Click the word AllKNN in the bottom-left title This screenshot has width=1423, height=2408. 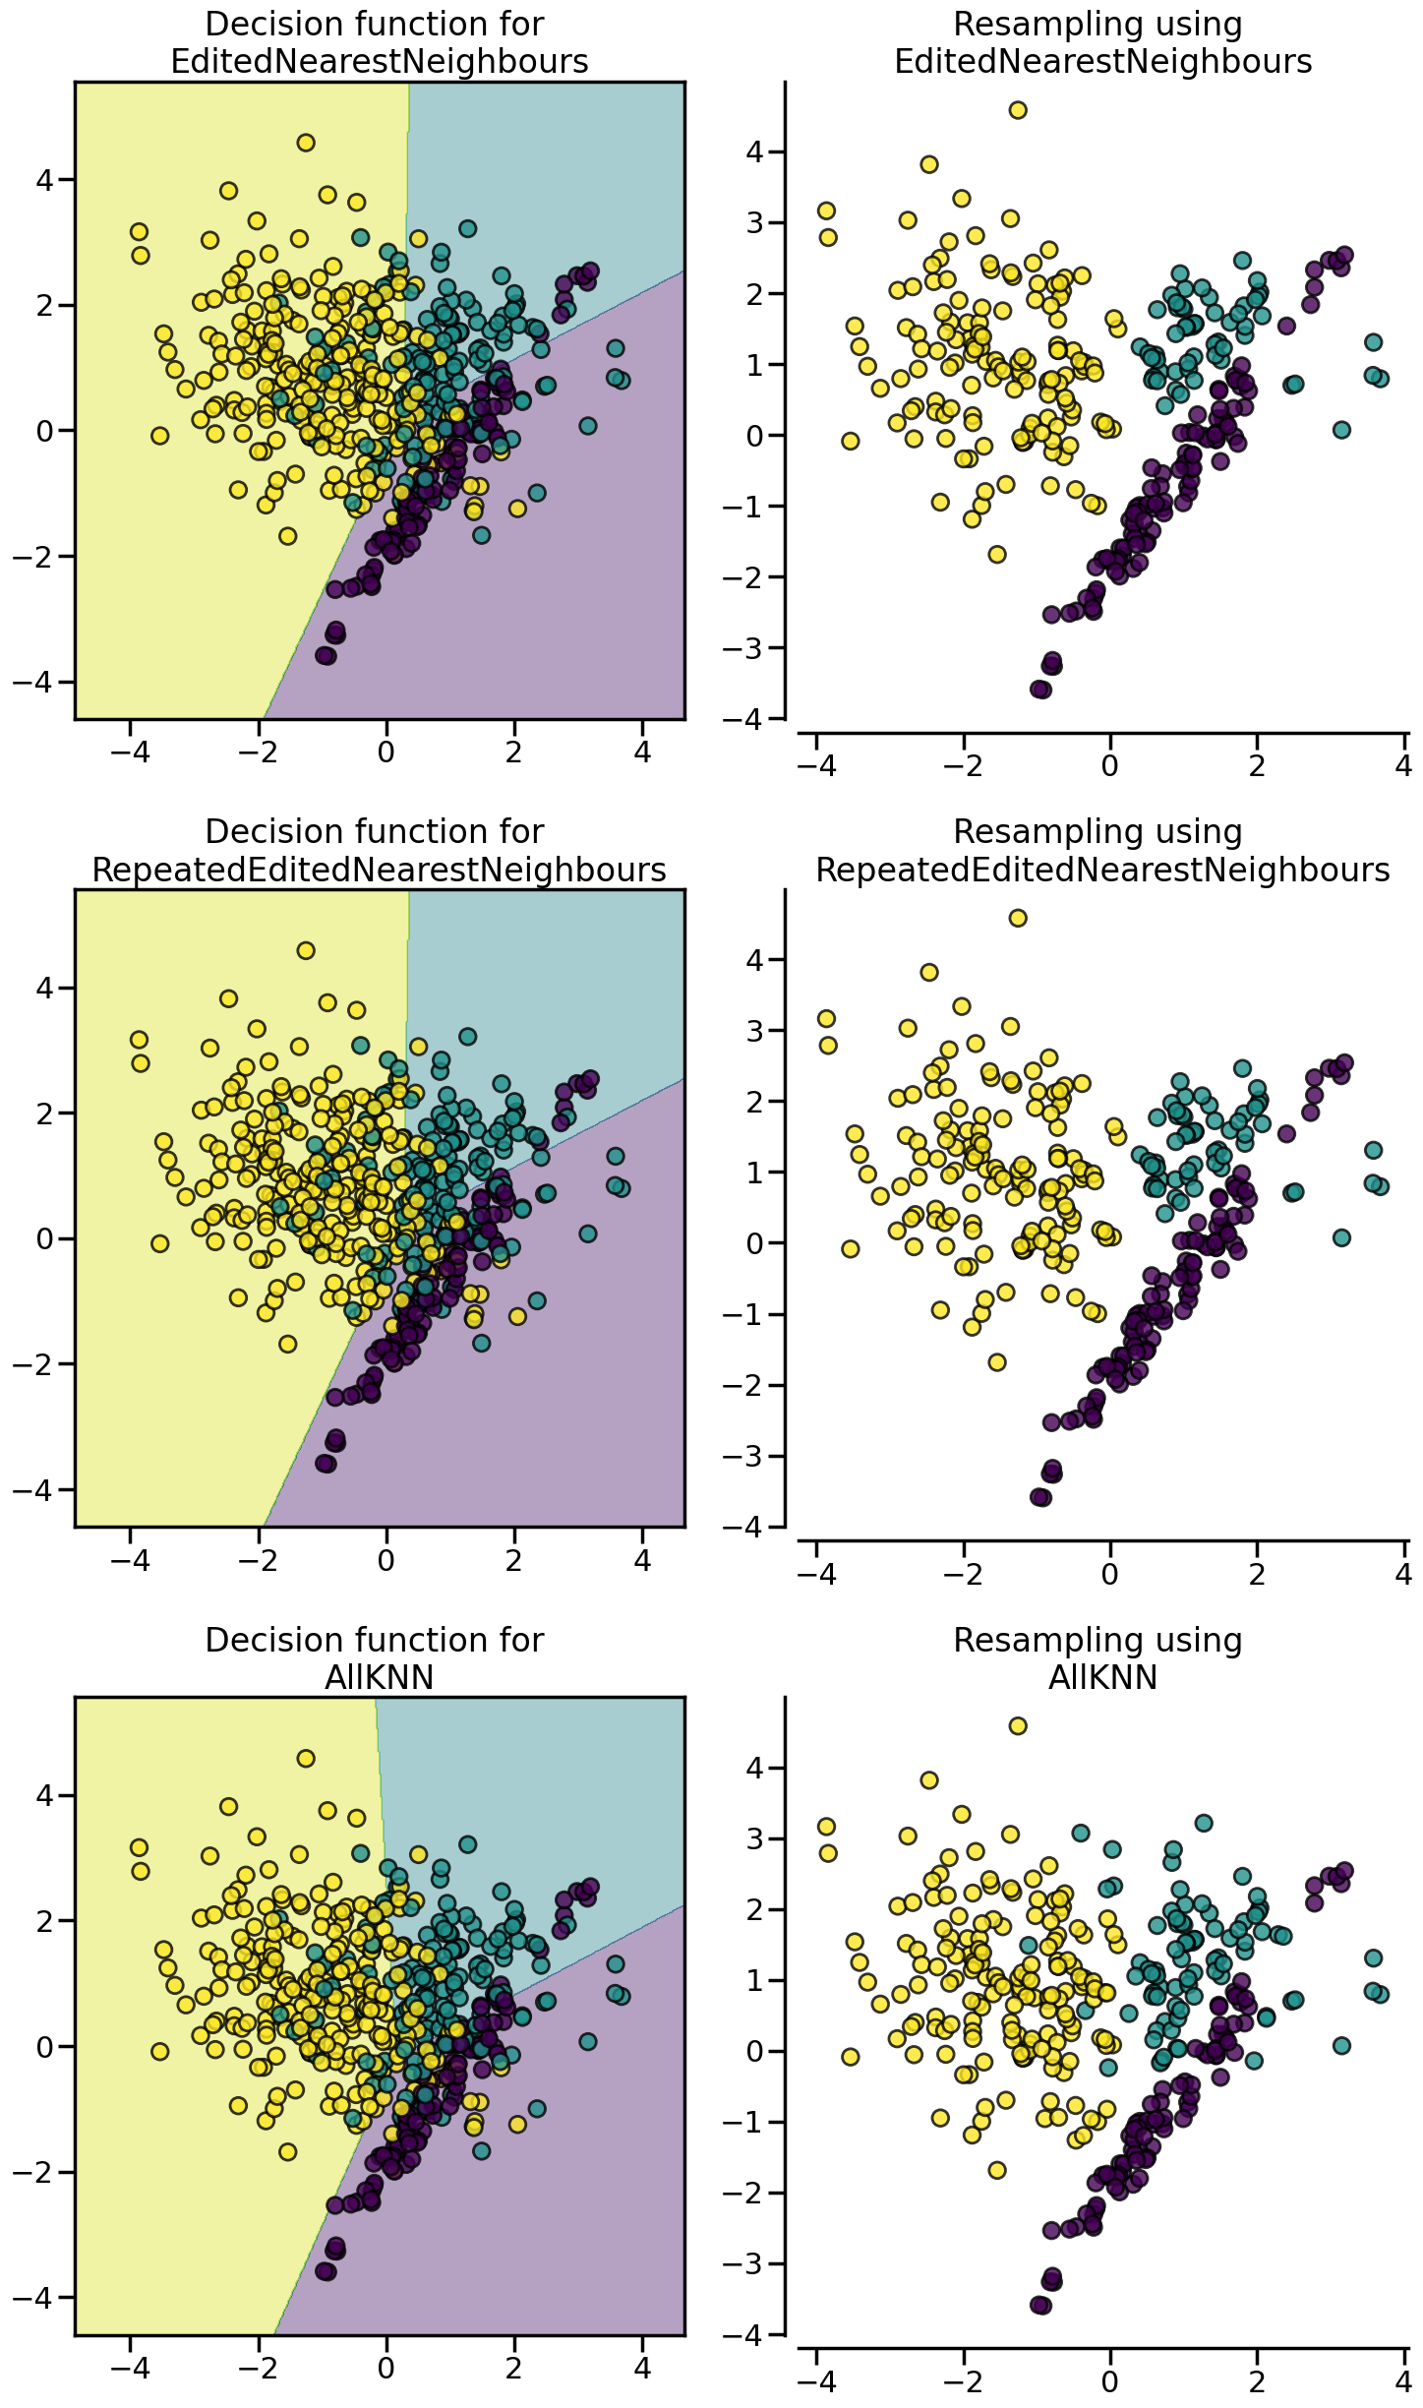point(379,1677)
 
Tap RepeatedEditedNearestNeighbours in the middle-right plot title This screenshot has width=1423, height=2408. point(1102,870)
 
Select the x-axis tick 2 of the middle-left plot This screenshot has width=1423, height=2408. point(514,1560)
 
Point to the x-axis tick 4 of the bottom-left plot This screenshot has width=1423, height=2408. point(642,2369)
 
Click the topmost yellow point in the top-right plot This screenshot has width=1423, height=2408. point(1018,110)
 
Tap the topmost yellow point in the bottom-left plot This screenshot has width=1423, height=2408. point(306,1758)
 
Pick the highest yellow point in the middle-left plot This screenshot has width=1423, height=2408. point(306,950)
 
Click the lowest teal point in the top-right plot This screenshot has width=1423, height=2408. point(1341,430)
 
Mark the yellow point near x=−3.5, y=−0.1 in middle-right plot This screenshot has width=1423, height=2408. point(851,1249)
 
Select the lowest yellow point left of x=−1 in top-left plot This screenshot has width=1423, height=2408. point(287,536)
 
